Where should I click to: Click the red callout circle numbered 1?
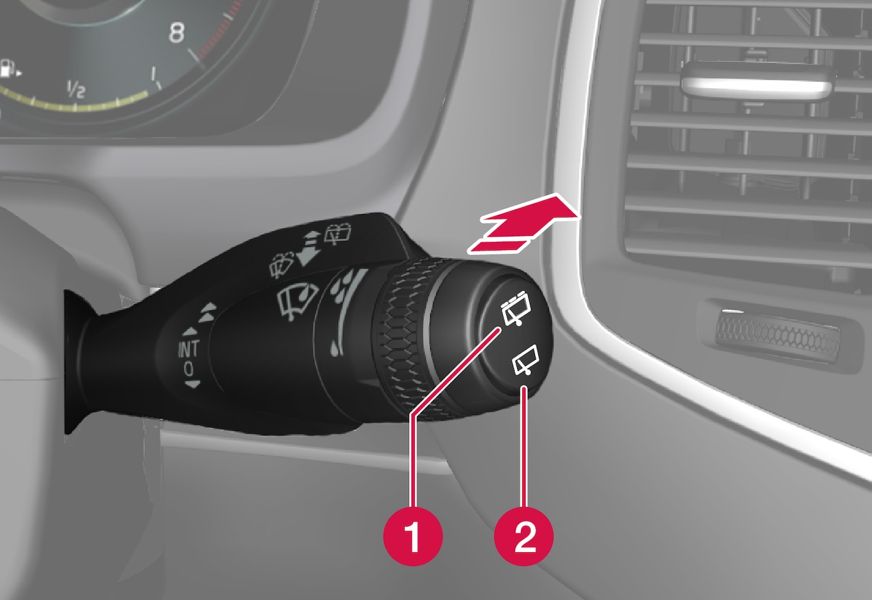click(413, 536)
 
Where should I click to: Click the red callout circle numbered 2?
click(523, 536)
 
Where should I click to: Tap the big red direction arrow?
click(523, 224)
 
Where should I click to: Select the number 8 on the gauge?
click(176, 33)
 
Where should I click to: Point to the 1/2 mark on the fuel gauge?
click(75, 89)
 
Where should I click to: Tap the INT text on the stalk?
click(189, 349)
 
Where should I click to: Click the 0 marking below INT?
click(189, 369)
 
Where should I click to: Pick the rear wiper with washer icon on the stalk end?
click(516, 309)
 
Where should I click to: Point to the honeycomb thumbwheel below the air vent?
click(778, 336)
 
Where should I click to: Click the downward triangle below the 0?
click(192, 384)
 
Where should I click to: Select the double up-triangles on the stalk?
click(207, 312)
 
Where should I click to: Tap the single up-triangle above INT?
click(190, 332)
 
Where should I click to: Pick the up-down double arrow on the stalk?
click(309, 248)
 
